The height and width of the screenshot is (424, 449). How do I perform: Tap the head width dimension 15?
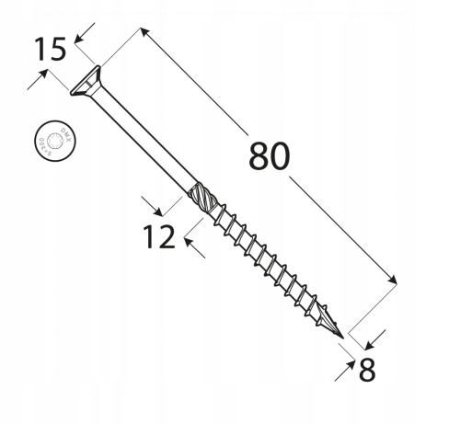point(51,48)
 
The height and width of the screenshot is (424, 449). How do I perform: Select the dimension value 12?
point(159,238)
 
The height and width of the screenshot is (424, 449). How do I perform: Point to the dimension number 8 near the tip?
point(366,370)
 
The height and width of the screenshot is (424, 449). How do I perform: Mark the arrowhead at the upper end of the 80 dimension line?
point(144,32)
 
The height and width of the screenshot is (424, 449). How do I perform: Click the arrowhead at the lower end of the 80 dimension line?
point(395,280)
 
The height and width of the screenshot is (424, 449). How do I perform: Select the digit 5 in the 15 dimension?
point(57,48)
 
